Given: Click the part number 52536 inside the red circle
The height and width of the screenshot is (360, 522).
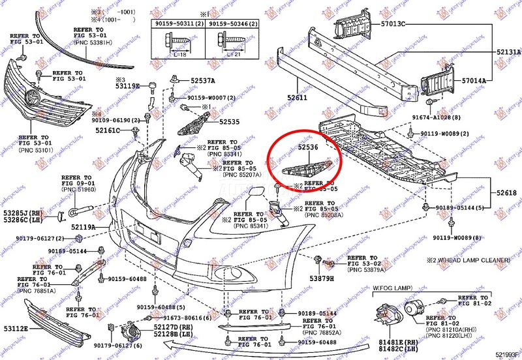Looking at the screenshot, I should (308, 148).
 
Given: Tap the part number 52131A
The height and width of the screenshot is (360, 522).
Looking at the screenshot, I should (508, 52).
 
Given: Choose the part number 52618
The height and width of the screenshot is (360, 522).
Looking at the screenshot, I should (506, 193).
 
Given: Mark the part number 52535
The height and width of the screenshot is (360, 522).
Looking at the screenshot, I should (229, 122).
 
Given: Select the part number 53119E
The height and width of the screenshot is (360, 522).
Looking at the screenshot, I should (127, 86).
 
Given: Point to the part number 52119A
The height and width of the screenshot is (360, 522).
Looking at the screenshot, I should (84, 227).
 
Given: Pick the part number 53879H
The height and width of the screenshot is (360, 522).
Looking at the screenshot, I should (321, 278).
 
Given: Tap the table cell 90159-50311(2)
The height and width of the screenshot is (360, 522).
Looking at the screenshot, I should (179, 23).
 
